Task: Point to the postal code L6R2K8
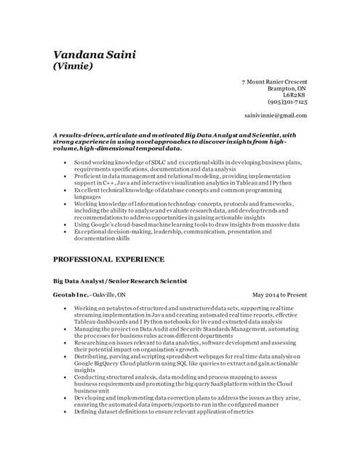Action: click(x=295, y=95)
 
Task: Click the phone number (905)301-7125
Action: click(x=287, y=102)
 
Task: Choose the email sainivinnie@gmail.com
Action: click(x=275, y=116)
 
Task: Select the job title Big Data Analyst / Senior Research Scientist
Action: click(x=120, y=280)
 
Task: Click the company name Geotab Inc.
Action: click(x=71, y=295)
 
